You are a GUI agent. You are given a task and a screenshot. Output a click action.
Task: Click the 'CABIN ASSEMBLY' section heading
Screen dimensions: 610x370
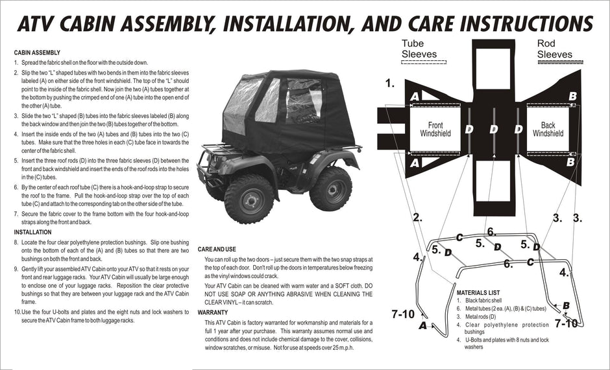pyautogui.click(x=37, y=52)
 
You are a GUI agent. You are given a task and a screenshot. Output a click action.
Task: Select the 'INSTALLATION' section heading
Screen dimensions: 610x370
pyautogui.click(x=32, y=232)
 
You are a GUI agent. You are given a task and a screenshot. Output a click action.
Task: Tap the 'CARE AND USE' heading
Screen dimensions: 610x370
pyautogui.click(x=217, y=249)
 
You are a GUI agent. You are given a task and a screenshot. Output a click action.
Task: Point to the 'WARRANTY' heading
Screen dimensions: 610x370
pyautogui.click(x=213, y=312)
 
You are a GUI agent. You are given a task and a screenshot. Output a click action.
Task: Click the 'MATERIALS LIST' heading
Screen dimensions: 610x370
pyautogui.click(x=478, y=293)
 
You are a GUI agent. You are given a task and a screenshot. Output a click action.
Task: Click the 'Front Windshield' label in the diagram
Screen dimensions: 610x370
pyautogui.click(x=435, y=130)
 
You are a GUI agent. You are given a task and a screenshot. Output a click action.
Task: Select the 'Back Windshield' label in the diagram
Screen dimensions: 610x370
pyautogui.click(x=548, y=130)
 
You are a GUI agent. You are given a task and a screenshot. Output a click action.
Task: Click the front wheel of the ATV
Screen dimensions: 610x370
pyautogui.click(x=249, y=198)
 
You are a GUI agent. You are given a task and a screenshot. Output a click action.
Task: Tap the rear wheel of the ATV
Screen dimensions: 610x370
pyautogui.click(x=330, y=189)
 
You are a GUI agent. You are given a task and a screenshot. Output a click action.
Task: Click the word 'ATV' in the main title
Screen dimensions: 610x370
pyautogui.click(x=36, y=23)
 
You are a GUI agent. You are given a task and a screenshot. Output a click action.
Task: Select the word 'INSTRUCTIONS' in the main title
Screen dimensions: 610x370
pyautogui.click(x=526, y=23)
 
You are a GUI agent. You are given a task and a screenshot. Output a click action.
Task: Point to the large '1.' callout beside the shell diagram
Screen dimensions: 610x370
pyautogui.click(x=390, y=83)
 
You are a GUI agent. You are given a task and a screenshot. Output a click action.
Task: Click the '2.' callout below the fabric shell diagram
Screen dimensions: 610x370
pyautogui.click(x=417, y=218)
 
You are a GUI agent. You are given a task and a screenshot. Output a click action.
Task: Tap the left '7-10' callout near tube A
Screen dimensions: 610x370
pyautogui.click(x=403, y=314)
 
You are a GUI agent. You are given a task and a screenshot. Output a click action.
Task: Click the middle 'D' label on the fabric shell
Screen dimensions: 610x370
pyautogui.click(x=494, y=129)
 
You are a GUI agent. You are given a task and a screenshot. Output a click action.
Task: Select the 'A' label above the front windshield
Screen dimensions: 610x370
pyautogui.click(x=415, y=97)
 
